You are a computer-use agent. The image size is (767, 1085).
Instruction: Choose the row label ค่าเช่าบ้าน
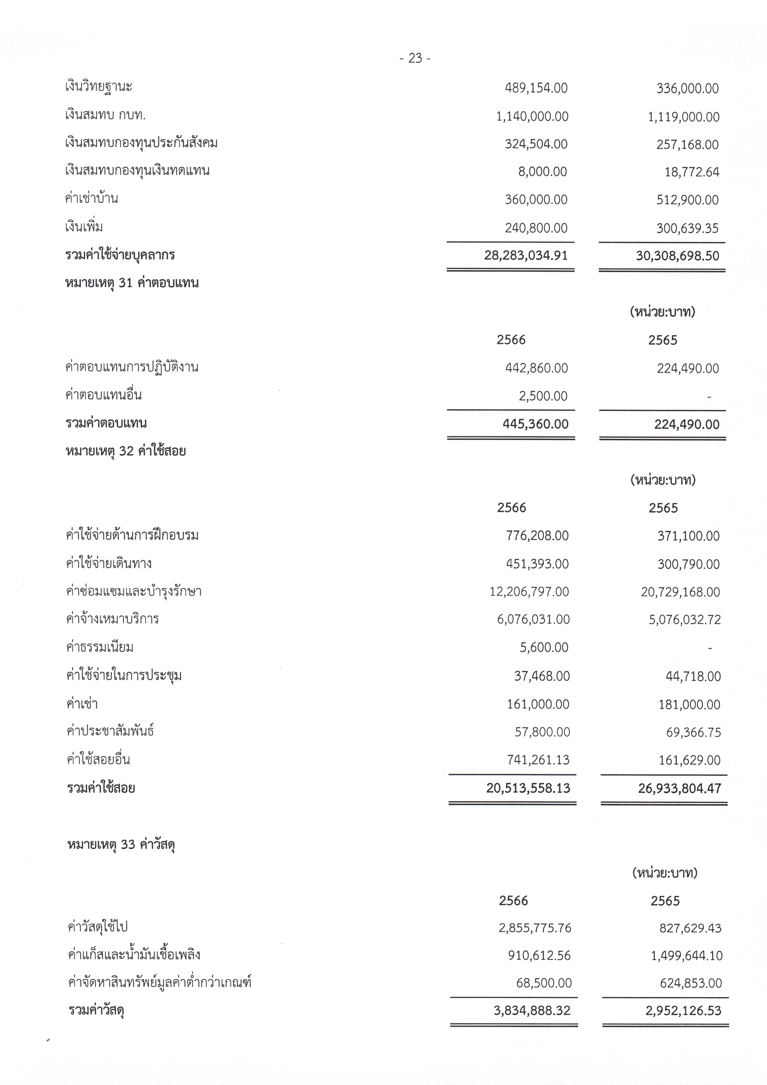pos(92,198)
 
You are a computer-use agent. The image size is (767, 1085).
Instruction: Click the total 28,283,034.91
pos(526,256)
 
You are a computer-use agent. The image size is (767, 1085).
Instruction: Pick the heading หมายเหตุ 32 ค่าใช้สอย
pos(126,451)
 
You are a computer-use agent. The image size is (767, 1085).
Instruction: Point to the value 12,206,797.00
pos(529,592)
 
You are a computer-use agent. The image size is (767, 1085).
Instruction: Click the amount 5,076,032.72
pos(685,619)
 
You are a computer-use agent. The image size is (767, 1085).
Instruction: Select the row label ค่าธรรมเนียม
pos(100,647)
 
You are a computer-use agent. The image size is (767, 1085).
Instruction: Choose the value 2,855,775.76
pos(535,928)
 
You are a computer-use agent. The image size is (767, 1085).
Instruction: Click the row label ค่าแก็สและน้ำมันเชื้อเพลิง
pos(134,955)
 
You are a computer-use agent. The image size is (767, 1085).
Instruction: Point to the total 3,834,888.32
pos(532,1011)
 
